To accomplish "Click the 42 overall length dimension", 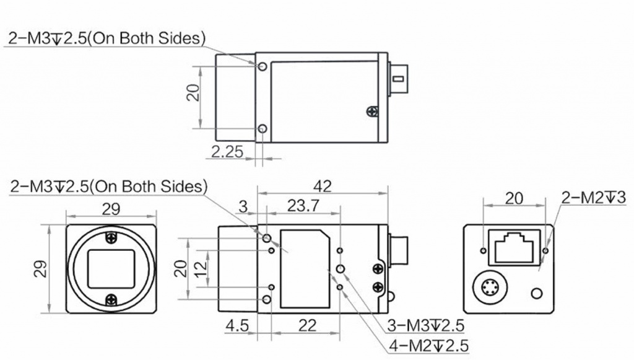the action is click(322, 186).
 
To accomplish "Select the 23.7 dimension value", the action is click(303, 206).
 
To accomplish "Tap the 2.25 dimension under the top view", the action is click(227, 152).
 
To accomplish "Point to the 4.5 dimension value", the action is click(237, 325).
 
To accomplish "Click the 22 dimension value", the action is click(307, 325).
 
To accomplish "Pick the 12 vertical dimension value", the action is click(201, 268).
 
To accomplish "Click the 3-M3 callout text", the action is click(425, 325).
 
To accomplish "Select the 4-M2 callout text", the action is click(428, 346).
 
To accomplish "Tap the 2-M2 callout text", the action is click(593, 198).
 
